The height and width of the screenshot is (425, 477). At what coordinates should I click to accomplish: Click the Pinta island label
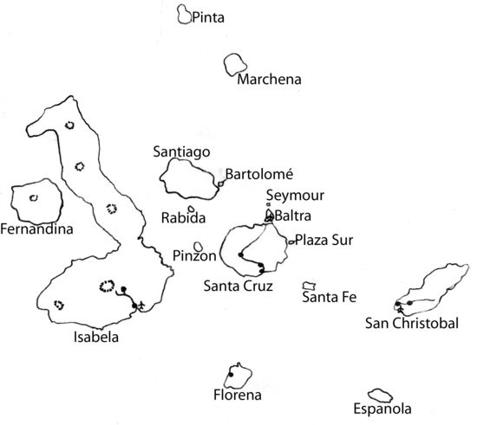[206, 17]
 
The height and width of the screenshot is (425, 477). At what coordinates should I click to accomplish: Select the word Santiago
[181, 151]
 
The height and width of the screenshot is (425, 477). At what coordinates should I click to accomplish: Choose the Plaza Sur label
[323, 240]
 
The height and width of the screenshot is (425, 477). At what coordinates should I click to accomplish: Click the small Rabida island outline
[191, 209]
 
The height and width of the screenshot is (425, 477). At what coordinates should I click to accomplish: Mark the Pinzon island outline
[199, 248]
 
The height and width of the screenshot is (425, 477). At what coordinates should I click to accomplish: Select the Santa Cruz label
[238, 285]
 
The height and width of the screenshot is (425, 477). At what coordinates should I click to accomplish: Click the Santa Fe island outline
[309, 286]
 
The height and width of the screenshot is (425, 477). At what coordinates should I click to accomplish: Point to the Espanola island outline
[379, 395]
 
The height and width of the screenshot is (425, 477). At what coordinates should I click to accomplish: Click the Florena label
[237, 396]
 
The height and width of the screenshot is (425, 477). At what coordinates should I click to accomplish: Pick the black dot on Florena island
[232, 372]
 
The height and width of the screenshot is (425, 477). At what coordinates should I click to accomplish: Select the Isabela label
[97, 337]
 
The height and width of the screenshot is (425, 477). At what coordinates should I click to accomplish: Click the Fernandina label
[36, 229]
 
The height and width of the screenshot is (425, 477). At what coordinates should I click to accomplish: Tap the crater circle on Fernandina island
[35, 198]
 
